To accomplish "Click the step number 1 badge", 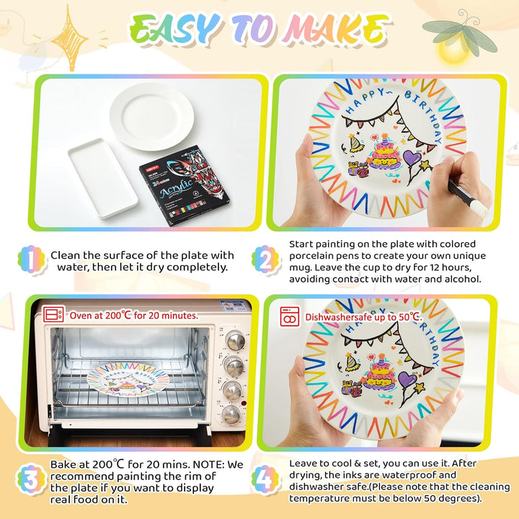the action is pyautogui.click(x=32, y=259).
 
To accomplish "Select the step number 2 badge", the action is pyautogui.click(x=265, y=259).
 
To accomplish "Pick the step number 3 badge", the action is pyautogui.click(x=32, y=479).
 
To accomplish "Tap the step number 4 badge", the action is pyautogui.click(x=265, y=479).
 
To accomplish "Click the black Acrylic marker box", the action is pyautogui.click(x=184, y=185).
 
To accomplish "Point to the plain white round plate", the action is pyautogui.click(x=152, y=117).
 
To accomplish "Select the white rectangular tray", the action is pyautogui.click(x=102, y=178).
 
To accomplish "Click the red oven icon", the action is pyautogui.click(x=53, y=314).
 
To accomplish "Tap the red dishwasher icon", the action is pyautogui.click(x=290, y=316).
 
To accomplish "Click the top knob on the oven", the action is pyautogui.click(x=235, y=340).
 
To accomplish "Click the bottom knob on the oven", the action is pyautogui.click(x=231, y=414).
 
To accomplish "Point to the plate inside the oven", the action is pyautogui.click(x=128, y=379).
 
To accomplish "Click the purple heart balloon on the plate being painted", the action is pyautogui.click(x=412, y=157).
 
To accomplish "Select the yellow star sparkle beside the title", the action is pyautogui.click(x=69, y=39).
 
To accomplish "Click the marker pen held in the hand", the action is pyautogui.click(x=467, y=197).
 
